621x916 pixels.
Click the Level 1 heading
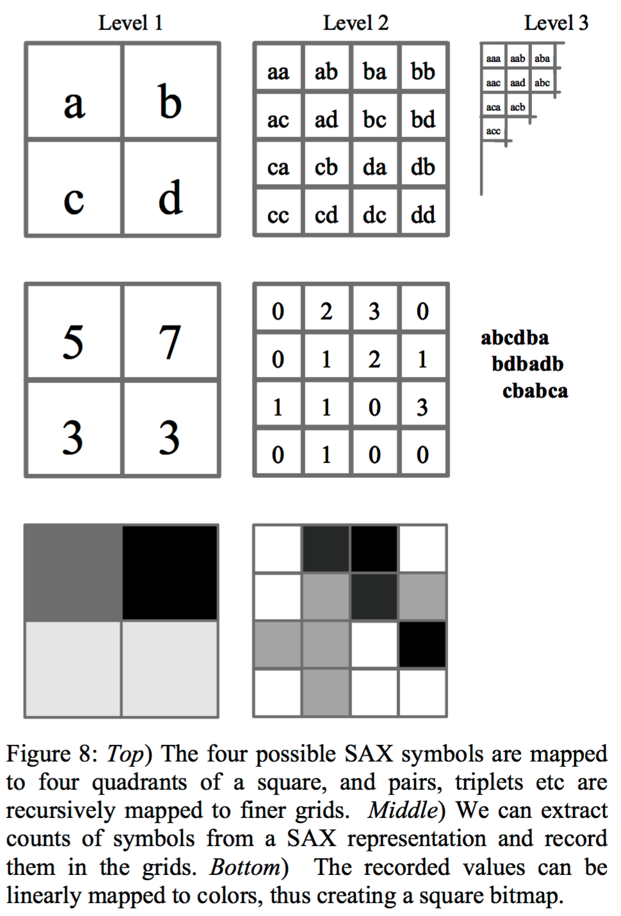(x=131, y=23)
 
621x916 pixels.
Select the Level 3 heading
(x=556, y=23)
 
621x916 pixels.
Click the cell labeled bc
(x=374, y=118)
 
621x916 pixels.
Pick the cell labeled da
(x=374, y=166)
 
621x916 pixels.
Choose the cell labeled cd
(x=326, y=214)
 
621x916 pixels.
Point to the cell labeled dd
(x=423, y=214)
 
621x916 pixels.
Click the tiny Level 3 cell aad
(x=517, y=83)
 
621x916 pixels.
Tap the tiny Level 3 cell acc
(x=494, y=131)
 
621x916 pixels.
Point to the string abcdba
(x=515, y=338)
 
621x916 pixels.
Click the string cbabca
(x=535, y=391)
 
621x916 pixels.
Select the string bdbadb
(x=528, y=364)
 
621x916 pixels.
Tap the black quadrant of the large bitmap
(x=170, y=573)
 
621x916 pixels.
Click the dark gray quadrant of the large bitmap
(x=73, y=573)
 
